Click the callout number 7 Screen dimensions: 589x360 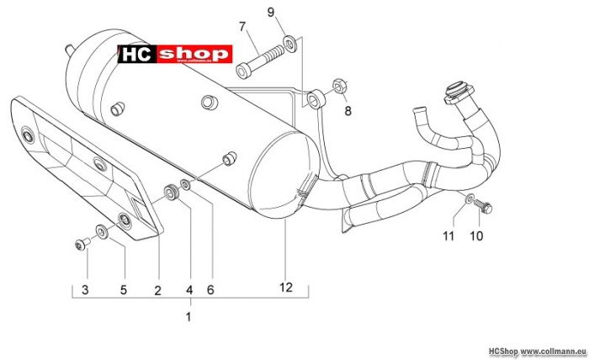click(242, 27)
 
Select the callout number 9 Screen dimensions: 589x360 click(271, 13)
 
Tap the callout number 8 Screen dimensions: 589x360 click(348, 111)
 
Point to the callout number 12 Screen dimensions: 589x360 click(285, 287)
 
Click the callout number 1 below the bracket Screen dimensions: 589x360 click(188, 317)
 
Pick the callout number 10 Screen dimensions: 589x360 click(476, 236)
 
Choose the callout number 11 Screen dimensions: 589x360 click(448, 236)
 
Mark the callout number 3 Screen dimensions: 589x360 click(85, 290)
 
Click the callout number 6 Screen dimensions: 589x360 click(210, 290)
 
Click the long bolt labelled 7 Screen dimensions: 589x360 click(259, 61)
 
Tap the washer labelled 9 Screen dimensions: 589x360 click(289, 44)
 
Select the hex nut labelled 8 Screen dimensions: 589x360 click(340, 87)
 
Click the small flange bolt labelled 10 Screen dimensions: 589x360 click(483, 206)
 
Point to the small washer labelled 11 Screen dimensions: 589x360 click(470, 199)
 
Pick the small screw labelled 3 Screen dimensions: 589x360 click(82, 244)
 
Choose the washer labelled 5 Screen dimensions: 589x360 click(102, 231)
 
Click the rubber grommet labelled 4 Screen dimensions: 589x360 click(172, 192)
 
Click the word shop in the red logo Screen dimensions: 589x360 click(194, 54)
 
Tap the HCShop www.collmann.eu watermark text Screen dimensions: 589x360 click(537, 352)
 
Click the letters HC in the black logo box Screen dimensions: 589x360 click(136, 55)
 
